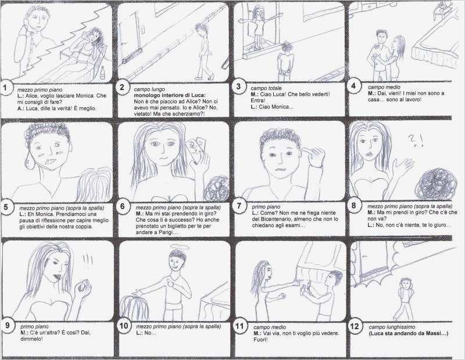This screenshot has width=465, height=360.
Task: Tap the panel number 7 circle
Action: [239, 206]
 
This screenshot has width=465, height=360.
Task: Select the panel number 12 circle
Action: [355, 326]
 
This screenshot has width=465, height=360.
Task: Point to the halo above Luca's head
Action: [177, 247]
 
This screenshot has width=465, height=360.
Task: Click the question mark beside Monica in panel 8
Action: [412, 139]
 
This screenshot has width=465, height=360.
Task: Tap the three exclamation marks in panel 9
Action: [88, 260]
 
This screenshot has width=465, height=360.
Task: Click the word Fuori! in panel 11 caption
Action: [260, 340]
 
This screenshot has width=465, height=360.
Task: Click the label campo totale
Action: [266, 88]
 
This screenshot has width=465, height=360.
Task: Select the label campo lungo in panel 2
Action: [149, 89]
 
